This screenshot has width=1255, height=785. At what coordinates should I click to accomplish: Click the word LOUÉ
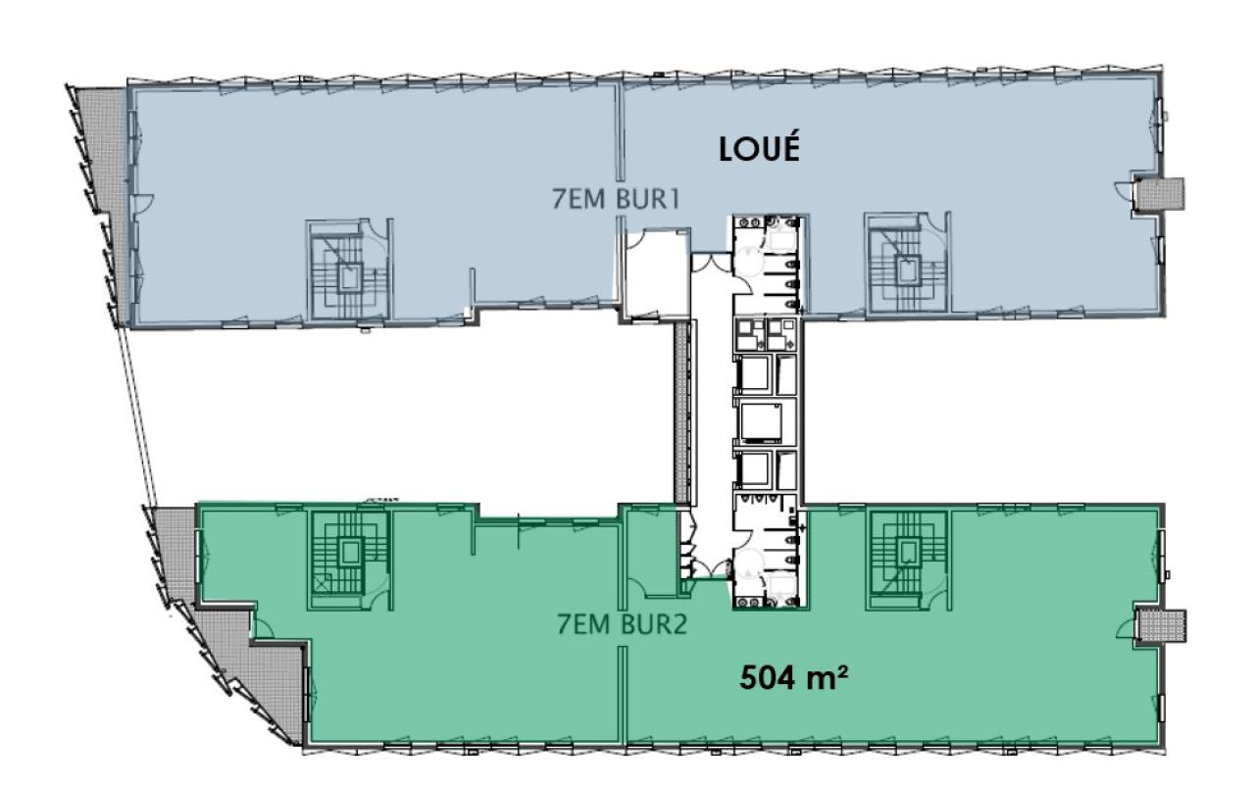760,149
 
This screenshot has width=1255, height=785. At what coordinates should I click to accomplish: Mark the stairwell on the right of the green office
903,554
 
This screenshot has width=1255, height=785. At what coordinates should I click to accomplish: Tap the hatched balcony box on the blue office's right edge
1166,194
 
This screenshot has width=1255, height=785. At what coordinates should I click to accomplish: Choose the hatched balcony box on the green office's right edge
1166,625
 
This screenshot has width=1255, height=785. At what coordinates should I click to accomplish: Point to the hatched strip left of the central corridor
679,412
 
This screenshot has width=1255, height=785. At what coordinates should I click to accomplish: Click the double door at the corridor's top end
709,262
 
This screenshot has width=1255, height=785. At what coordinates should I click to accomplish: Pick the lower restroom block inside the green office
767,559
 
